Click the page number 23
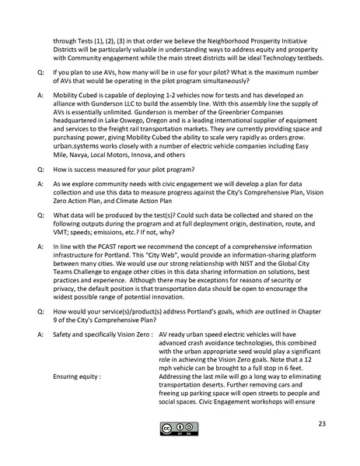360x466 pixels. (x=322, y=423)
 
